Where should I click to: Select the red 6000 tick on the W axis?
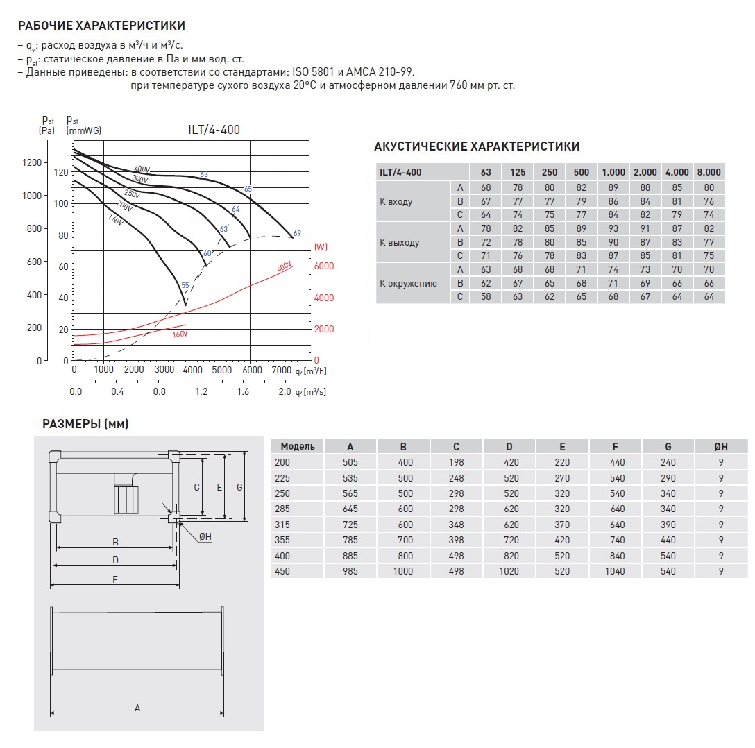[324, 266]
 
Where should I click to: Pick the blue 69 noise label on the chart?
[297, 234]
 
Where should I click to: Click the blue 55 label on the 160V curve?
[185, 285]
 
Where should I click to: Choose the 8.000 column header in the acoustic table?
[708, 172]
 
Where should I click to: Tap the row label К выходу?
[400, 243]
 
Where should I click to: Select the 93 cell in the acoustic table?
[613, 229]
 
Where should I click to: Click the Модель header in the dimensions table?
[298, 446]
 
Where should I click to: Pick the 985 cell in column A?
[350, 572]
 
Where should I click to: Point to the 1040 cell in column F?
[615, 572]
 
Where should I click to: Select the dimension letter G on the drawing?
[239, 488]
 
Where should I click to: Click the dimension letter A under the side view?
[137, 708]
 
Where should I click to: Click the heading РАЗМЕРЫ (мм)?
[85, 424]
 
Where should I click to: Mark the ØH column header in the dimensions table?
[722, 446]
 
